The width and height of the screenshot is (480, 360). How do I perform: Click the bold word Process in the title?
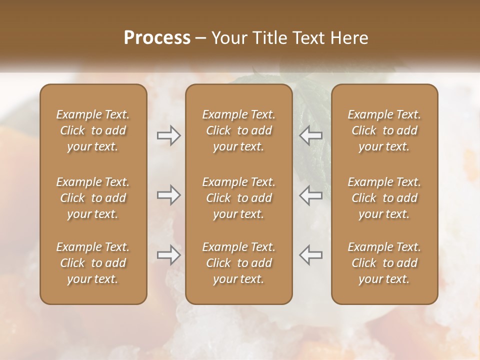[157, 38]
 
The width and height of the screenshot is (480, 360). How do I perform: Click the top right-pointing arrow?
[168, 135]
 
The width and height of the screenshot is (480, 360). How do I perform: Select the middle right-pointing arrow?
[168, 195]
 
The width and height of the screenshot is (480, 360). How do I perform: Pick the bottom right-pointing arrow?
[168, 255]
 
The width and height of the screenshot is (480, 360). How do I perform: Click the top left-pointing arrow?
[310, 135]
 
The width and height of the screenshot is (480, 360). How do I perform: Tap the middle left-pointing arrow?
[310, 195]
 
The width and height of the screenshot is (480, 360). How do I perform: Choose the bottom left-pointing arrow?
[310, 255]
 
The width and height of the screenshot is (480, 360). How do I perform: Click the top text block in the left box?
[93, 130]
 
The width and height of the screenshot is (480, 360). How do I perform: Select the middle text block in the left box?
[93, 198]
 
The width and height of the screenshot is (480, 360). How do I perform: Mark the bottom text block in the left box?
[93, 263]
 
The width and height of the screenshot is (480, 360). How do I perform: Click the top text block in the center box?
[238, 130]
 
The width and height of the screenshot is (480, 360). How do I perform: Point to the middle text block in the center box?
[238, 198]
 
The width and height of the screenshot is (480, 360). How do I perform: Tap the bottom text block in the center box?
[238, 263]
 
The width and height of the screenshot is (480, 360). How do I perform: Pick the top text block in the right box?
[384, 130]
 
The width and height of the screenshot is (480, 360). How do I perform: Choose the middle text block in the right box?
[384, 198]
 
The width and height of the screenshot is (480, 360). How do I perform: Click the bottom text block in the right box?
[384, 263]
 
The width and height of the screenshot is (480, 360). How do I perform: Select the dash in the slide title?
[201, 38]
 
